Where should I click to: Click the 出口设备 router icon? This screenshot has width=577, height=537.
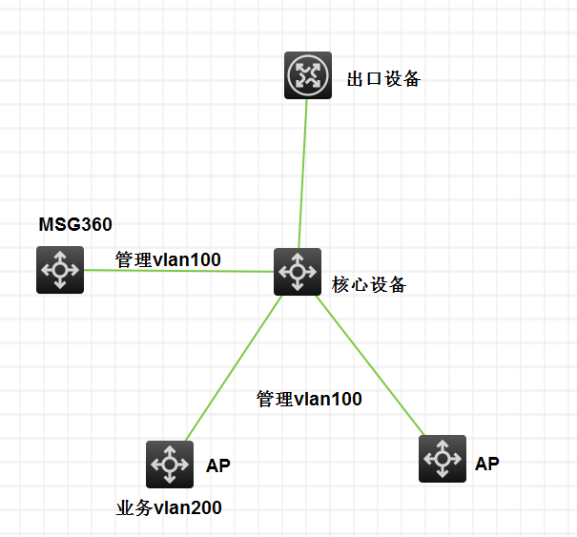pyautogui.click(x=308, y=75)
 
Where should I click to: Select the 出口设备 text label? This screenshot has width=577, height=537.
pyautogui.click(x=383, y=79)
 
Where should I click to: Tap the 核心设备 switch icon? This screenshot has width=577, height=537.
pyautogui.click(x=298, y=272)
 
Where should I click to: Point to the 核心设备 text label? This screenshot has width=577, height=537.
pyautogui.click(x=369, y=284)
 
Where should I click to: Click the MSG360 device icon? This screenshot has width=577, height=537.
pyautogui.click(x=60, y=270)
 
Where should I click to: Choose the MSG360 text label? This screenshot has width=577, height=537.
pyautogui.click(x=75, y=224)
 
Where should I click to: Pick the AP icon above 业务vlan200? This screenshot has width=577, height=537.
pyautogui.click(x=170, y=465)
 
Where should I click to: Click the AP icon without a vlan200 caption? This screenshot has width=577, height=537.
pyautogui.click(x=443, y=459)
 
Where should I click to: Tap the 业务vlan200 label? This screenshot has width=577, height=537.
pyautogui.click(x=169, y=508)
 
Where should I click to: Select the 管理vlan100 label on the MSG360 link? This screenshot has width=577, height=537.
pyautogui.click(x=168, y=259)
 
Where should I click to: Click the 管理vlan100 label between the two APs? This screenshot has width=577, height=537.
pyautogui.click(x=309, y=399)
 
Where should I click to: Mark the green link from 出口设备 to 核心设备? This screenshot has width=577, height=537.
pyautogui.click(x=303, y=174)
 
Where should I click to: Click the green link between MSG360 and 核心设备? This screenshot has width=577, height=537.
pyautogui.click(x=179, y=271)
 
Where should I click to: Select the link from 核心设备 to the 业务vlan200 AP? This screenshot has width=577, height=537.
pyautogui.click(x=234, y=368)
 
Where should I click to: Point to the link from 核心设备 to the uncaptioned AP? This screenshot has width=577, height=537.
pyautogui.click(x=371, y=365)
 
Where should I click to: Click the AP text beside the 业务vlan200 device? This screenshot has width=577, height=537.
pyautogui.click(x=218, y=465)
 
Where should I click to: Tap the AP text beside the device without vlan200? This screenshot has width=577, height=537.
pyautogui.click(x=487, y=464)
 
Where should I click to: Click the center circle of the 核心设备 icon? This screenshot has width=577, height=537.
pyautogui.click(x=298, y=272)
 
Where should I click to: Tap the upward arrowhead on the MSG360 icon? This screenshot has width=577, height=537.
pyautogui.click(x=60, y=255)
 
